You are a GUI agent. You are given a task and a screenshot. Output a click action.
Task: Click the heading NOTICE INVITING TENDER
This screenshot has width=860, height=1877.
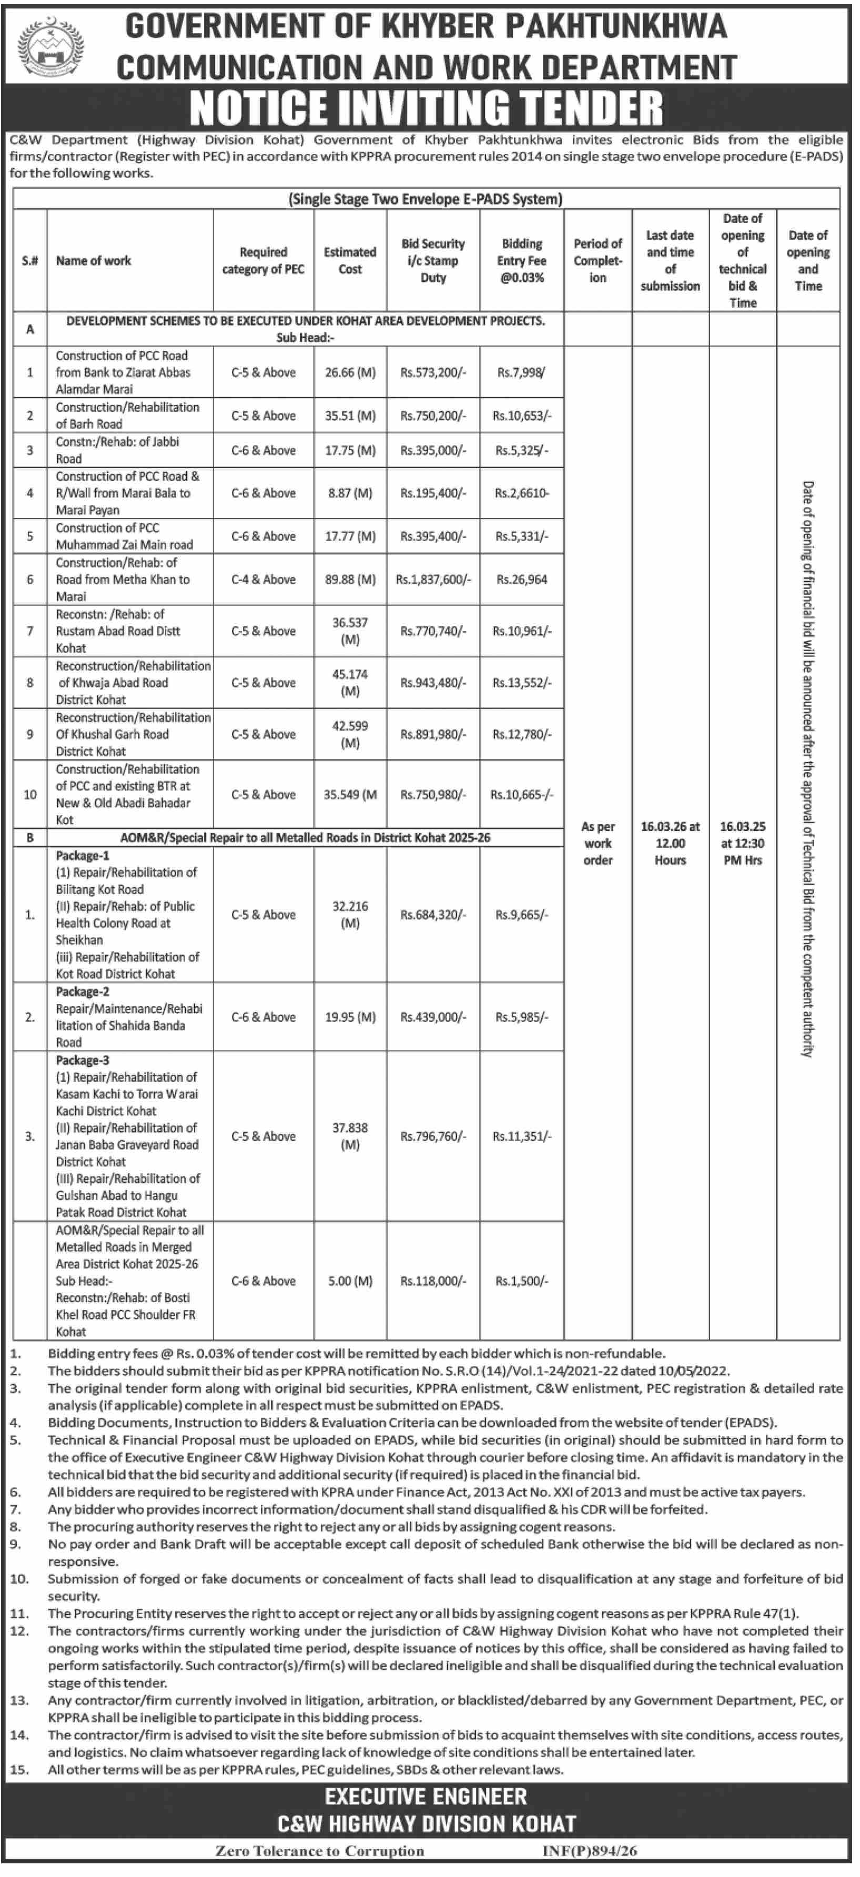(x=427, y=107)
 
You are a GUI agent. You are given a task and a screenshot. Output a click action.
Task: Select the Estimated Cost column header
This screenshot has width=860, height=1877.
(x=350, y=260)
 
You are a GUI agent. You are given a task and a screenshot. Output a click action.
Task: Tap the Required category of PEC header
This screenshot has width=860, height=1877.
(x=263, y=260)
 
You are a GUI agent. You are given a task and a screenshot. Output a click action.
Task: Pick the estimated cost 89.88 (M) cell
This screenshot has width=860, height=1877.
(x=350, y=579)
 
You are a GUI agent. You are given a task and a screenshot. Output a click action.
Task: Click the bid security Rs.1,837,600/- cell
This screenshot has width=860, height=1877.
(x=433, y=579)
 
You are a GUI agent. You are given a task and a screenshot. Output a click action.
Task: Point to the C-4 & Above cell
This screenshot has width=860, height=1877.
(x=263, y=579)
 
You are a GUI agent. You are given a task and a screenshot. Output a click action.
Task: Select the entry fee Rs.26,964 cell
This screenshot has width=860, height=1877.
(x=521, y=579)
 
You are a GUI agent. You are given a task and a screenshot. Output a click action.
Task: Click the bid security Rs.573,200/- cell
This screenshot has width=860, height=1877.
(x=433, y=372)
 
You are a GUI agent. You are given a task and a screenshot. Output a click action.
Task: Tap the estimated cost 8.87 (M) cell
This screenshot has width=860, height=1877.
(x=350, y=493)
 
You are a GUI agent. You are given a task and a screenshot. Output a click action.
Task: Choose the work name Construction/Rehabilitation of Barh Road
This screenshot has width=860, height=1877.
(x=127, y=415)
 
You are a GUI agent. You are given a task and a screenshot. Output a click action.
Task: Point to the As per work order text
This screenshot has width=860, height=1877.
(x=598, y=843)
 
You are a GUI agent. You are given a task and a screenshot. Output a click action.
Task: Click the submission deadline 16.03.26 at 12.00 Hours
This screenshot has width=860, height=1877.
(x=670, y=843)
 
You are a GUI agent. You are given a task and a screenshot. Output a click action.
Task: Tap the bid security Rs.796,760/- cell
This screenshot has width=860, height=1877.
(x=433, y=1136)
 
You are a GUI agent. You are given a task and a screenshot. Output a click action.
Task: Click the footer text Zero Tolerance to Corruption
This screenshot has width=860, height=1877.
(x=319, y=1851)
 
